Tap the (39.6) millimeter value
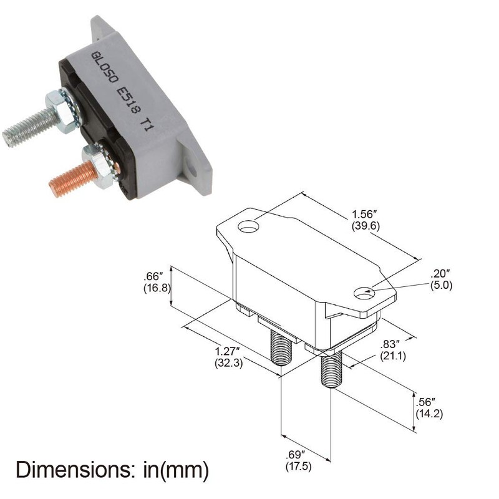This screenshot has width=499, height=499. [x=365, y=226]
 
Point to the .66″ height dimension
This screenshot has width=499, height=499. [x=153, y=276]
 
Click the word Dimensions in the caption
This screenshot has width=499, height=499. [x=67, y=469]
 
